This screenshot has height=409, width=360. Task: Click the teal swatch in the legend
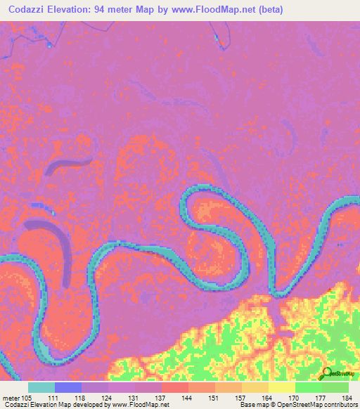(x=41, y=387)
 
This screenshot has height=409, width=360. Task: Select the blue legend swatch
(x=68, y=387)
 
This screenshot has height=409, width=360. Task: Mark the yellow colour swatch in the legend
(x=281, y=387)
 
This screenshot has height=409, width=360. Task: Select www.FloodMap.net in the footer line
(x=138, y=405)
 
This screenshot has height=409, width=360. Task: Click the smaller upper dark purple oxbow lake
(x=66, y=166)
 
